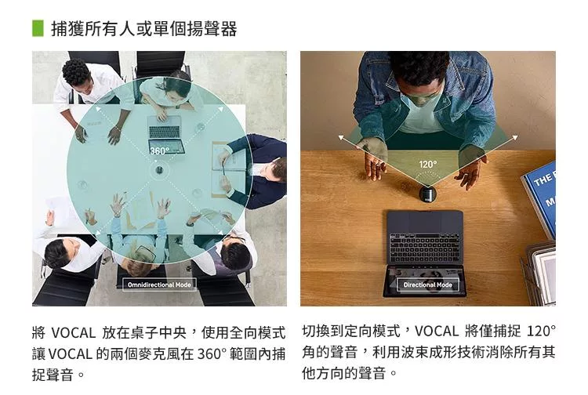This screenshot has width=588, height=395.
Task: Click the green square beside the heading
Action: tap(38, 28)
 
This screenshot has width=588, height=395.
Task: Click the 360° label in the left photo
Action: tap(159, 150)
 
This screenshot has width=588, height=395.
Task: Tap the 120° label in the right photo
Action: tap(428, 164)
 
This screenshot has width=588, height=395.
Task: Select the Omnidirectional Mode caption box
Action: tap(159, 284)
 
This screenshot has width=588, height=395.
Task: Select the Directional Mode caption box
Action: tap(428, 284)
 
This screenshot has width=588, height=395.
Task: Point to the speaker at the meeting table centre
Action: tap(159, 171)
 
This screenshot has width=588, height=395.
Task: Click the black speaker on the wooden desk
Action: tap(427, 194)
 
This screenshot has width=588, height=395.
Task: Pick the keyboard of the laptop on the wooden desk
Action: tap(424, 248)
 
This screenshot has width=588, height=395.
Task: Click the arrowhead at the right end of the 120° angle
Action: tap(515, 137)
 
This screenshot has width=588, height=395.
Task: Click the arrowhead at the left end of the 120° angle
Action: tap(341, 137)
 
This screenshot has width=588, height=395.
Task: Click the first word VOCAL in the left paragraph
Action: tap(73, 333)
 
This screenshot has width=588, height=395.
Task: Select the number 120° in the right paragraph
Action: tap(541, 332)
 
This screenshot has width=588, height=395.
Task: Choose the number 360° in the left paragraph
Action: tap(212, 353)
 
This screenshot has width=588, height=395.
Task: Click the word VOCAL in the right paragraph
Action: tap(436, 332)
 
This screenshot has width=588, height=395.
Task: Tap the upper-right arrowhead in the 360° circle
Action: tap(221, 109)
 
